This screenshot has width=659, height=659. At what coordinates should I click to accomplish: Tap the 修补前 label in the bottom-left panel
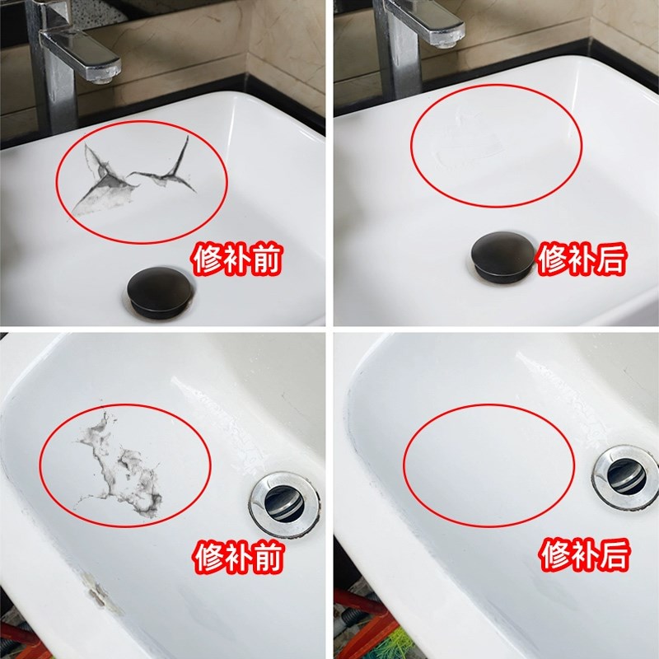[x=237, y=559]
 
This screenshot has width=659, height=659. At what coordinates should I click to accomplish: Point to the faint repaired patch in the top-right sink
[x=470, y=148]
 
